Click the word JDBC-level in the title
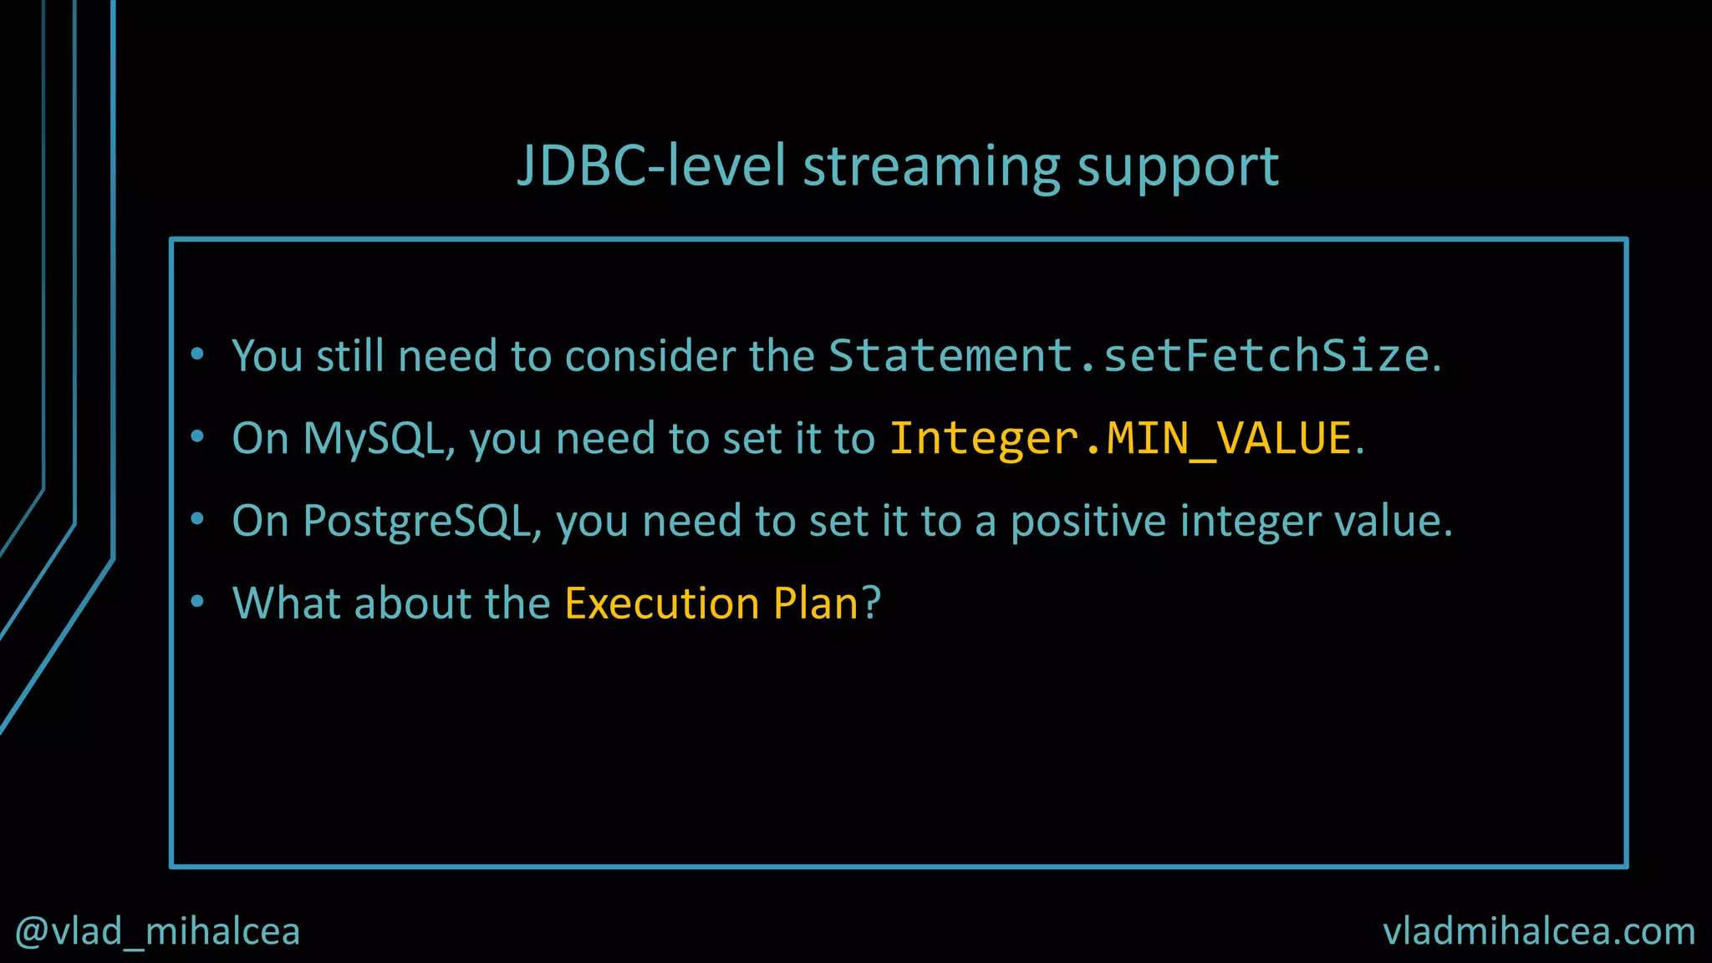coord(652,166)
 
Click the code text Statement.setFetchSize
coord(1129,356)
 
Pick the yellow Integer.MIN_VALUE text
coord(1120,439)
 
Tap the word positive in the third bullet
coord(1088,522)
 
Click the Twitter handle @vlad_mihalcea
coord(157,931)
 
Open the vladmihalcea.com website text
coord(1539,931)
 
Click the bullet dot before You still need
coord(197,354)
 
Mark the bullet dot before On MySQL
coord(197,436)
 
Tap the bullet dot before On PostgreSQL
coord(197,519)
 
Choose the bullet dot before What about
coord(197,601)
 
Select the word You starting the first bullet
coord(267,356)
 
